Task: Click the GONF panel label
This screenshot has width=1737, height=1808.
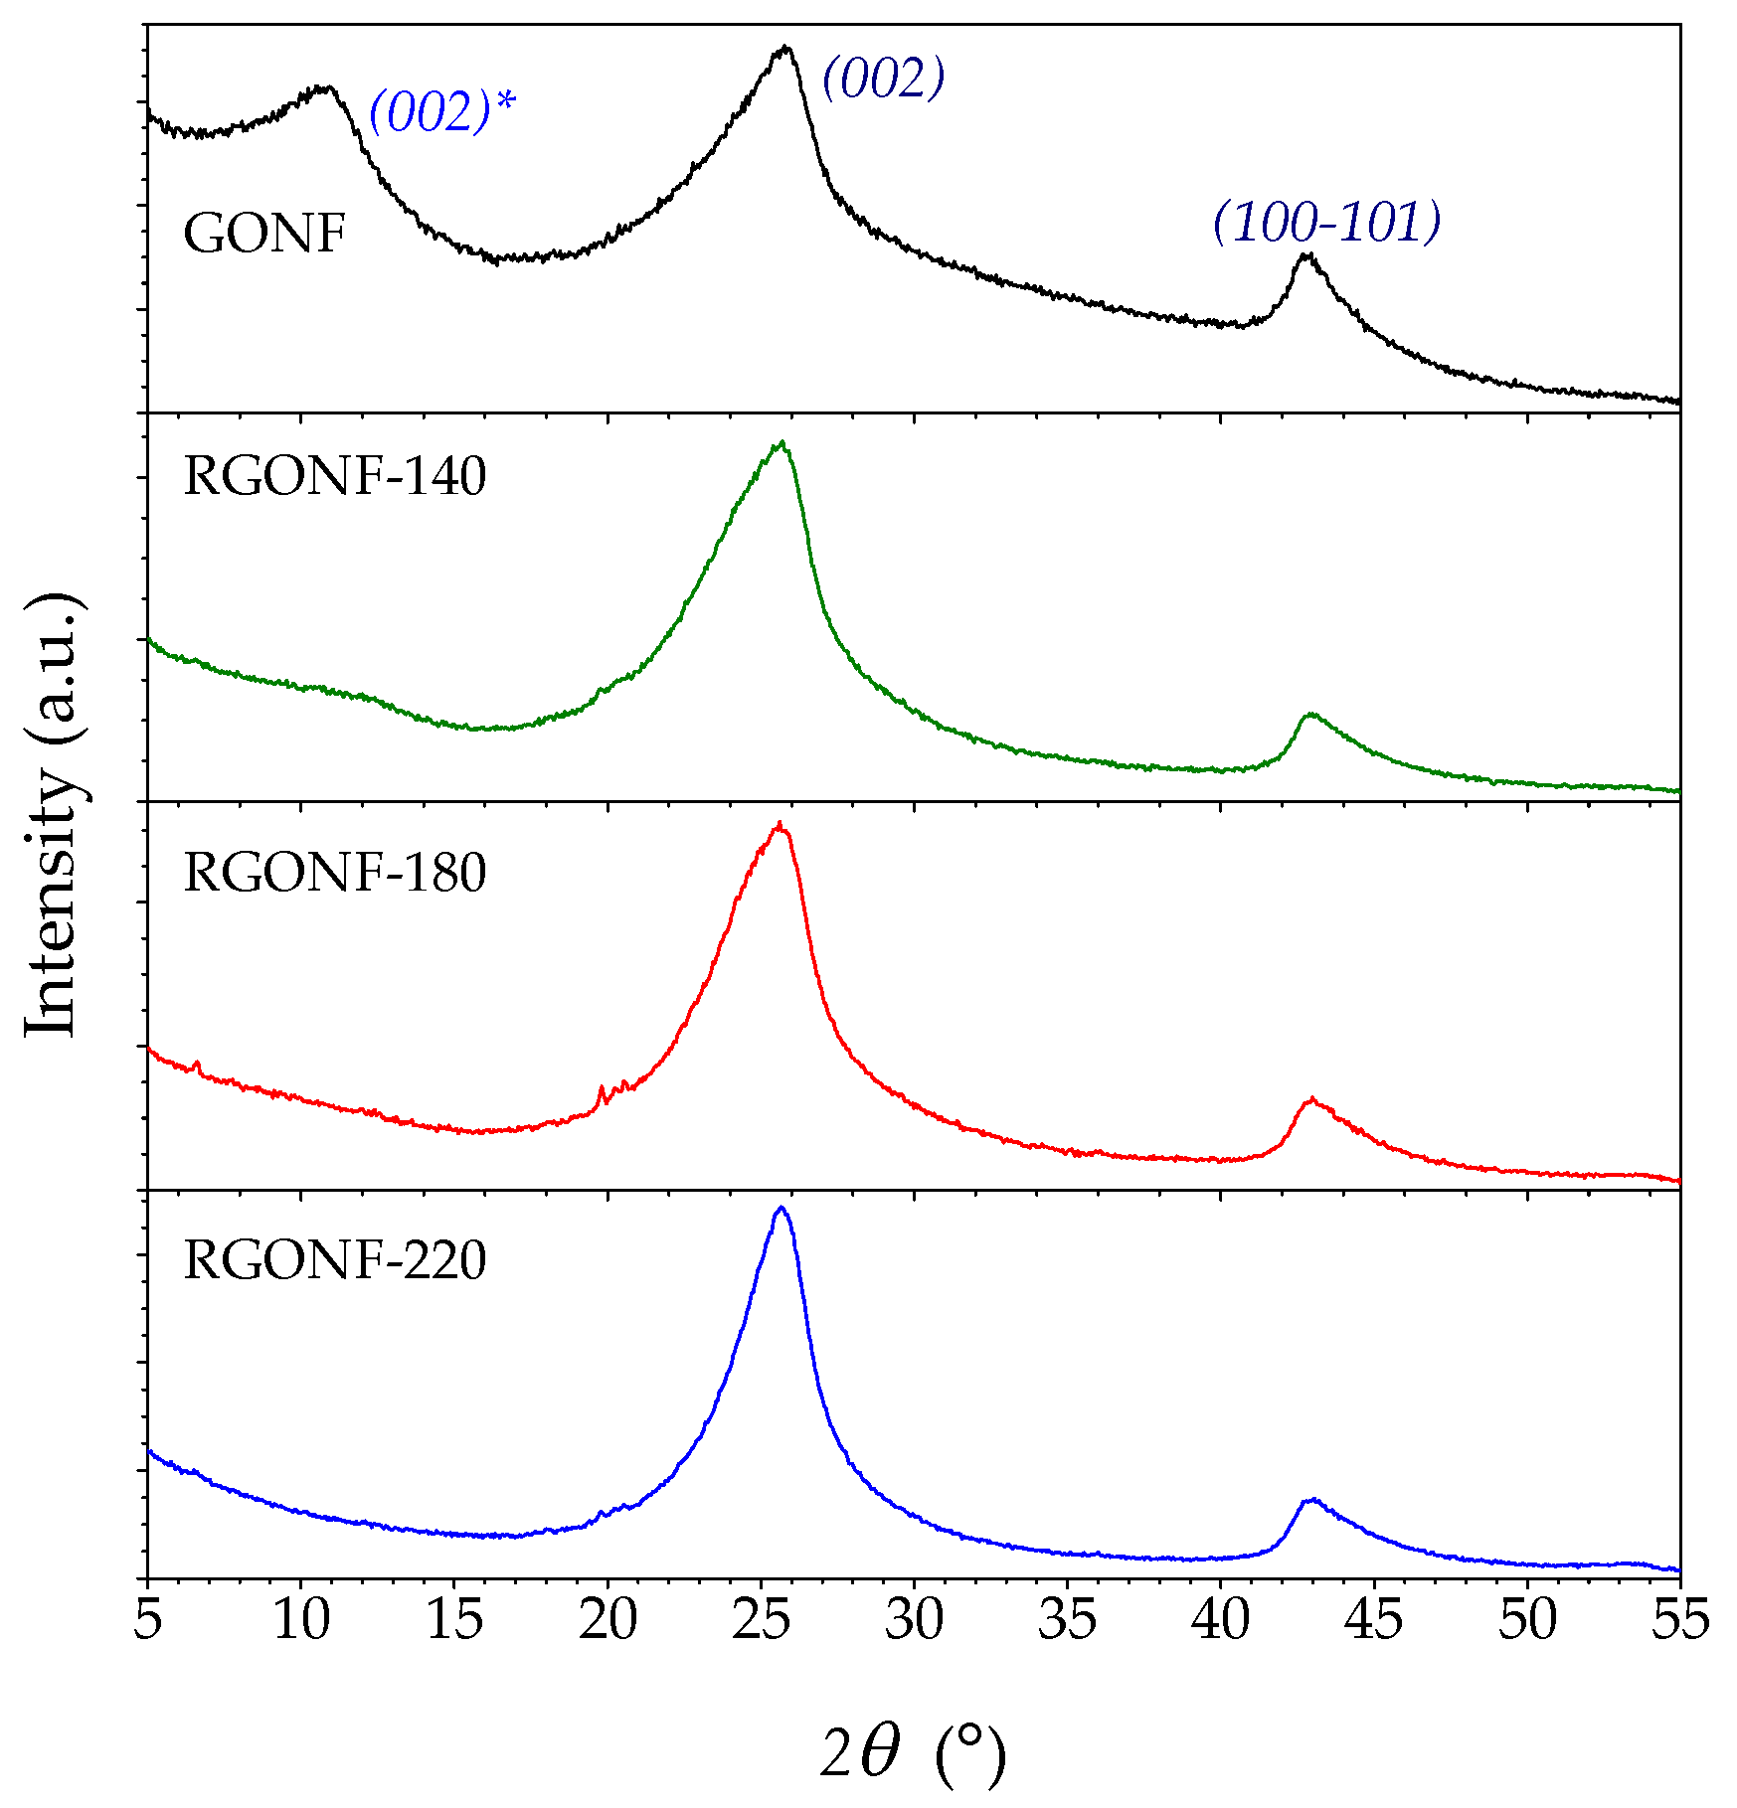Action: [x=264, y=235]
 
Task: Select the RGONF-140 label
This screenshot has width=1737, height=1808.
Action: [x=335, y=476]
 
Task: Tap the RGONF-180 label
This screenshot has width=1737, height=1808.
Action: [x=335, y=873]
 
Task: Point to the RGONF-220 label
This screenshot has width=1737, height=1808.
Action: [x=335, y=1259]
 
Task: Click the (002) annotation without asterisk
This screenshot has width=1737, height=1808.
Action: [x=882, y=78]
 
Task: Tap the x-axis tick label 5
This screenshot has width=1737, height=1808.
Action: [x=147, y=1619]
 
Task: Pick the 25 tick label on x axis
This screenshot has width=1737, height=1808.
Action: [x=761, y=1619]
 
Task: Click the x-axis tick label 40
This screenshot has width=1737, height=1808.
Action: [x=1220, y=1619]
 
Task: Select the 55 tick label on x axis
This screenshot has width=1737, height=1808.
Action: [x=1679, y=1619]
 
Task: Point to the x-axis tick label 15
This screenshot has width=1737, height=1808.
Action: [x=454, y=1619]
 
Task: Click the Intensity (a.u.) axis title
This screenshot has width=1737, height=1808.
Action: [x=52, y=815]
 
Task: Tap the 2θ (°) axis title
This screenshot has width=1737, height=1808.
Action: [x=913, y=1752]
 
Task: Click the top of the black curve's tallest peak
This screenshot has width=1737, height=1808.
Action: [x=785, y=47]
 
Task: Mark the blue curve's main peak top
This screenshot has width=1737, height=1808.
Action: [x=782, y=1208]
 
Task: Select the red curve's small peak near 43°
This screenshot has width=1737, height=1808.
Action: [x=1312, y=1099]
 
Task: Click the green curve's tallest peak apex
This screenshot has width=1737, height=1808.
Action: [x=782, y=442]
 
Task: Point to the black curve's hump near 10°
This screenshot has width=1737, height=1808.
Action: [x=323, y=87]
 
